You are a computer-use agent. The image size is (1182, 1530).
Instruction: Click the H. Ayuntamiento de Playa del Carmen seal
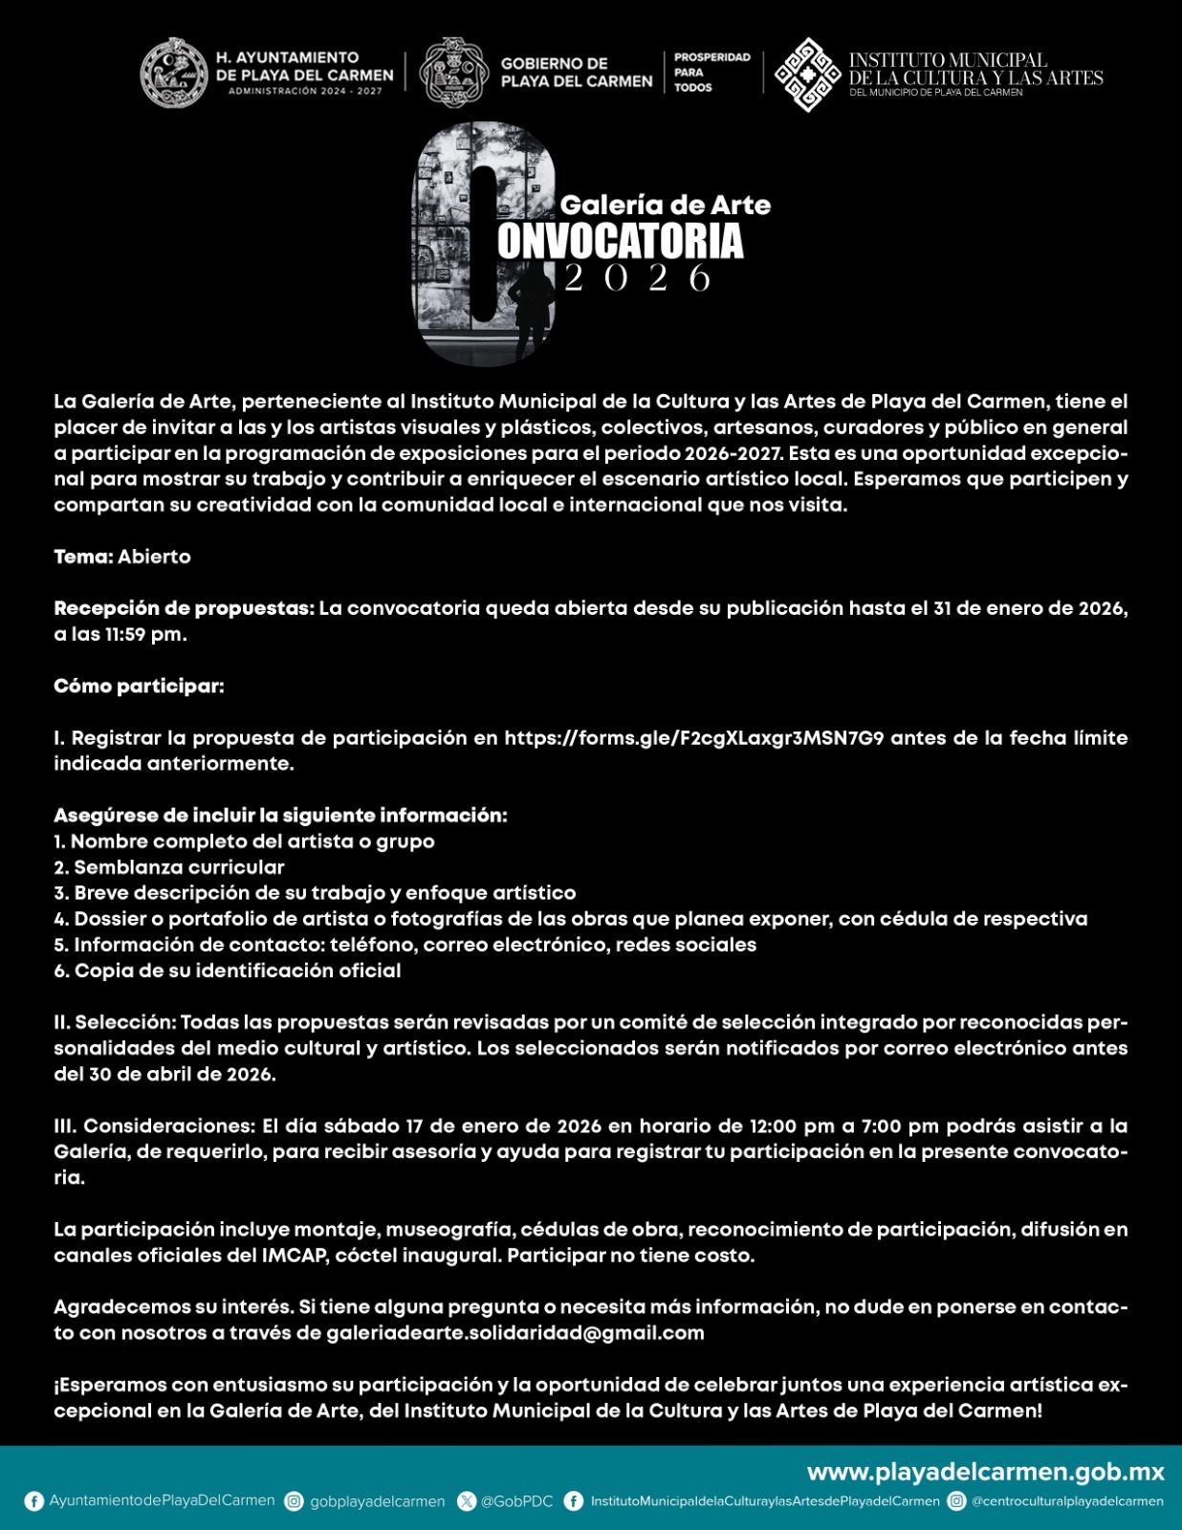[x=174, y=73]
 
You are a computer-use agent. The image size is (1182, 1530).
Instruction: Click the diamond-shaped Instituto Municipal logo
[x=807, y=75]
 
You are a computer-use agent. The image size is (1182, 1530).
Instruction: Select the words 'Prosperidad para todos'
[x=711, y=73]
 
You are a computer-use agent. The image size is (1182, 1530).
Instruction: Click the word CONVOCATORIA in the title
[x=620, y=241]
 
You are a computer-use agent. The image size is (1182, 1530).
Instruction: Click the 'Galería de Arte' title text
[x=665, y=205]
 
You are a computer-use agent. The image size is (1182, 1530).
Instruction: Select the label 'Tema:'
[x=83, y=557]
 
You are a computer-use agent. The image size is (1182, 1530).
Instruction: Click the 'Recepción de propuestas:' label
[x=184, y=608]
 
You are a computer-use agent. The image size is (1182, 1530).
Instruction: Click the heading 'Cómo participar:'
[x=139, y=686]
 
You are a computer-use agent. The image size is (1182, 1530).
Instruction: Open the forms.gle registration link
[x=693, y=737]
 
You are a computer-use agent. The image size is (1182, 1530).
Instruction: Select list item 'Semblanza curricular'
[x=179, y=867]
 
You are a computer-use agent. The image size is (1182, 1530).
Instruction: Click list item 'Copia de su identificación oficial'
[x=237, y=971]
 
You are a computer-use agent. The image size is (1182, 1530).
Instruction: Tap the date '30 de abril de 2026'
[x=182, y=1074]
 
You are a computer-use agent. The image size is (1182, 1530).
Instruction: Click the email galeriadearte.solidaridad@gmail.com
[x=514, y=1333]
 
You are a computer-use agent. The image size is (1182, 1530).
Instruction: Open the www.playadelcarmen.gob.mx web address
[x=985, y=1472]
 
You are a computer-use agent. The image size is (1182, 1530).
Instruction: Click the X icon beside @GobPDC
[x=467, y=1501]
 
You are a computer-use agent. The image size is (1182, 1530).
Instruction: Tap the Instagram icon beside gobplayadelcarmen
[x=295, y=1501]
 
